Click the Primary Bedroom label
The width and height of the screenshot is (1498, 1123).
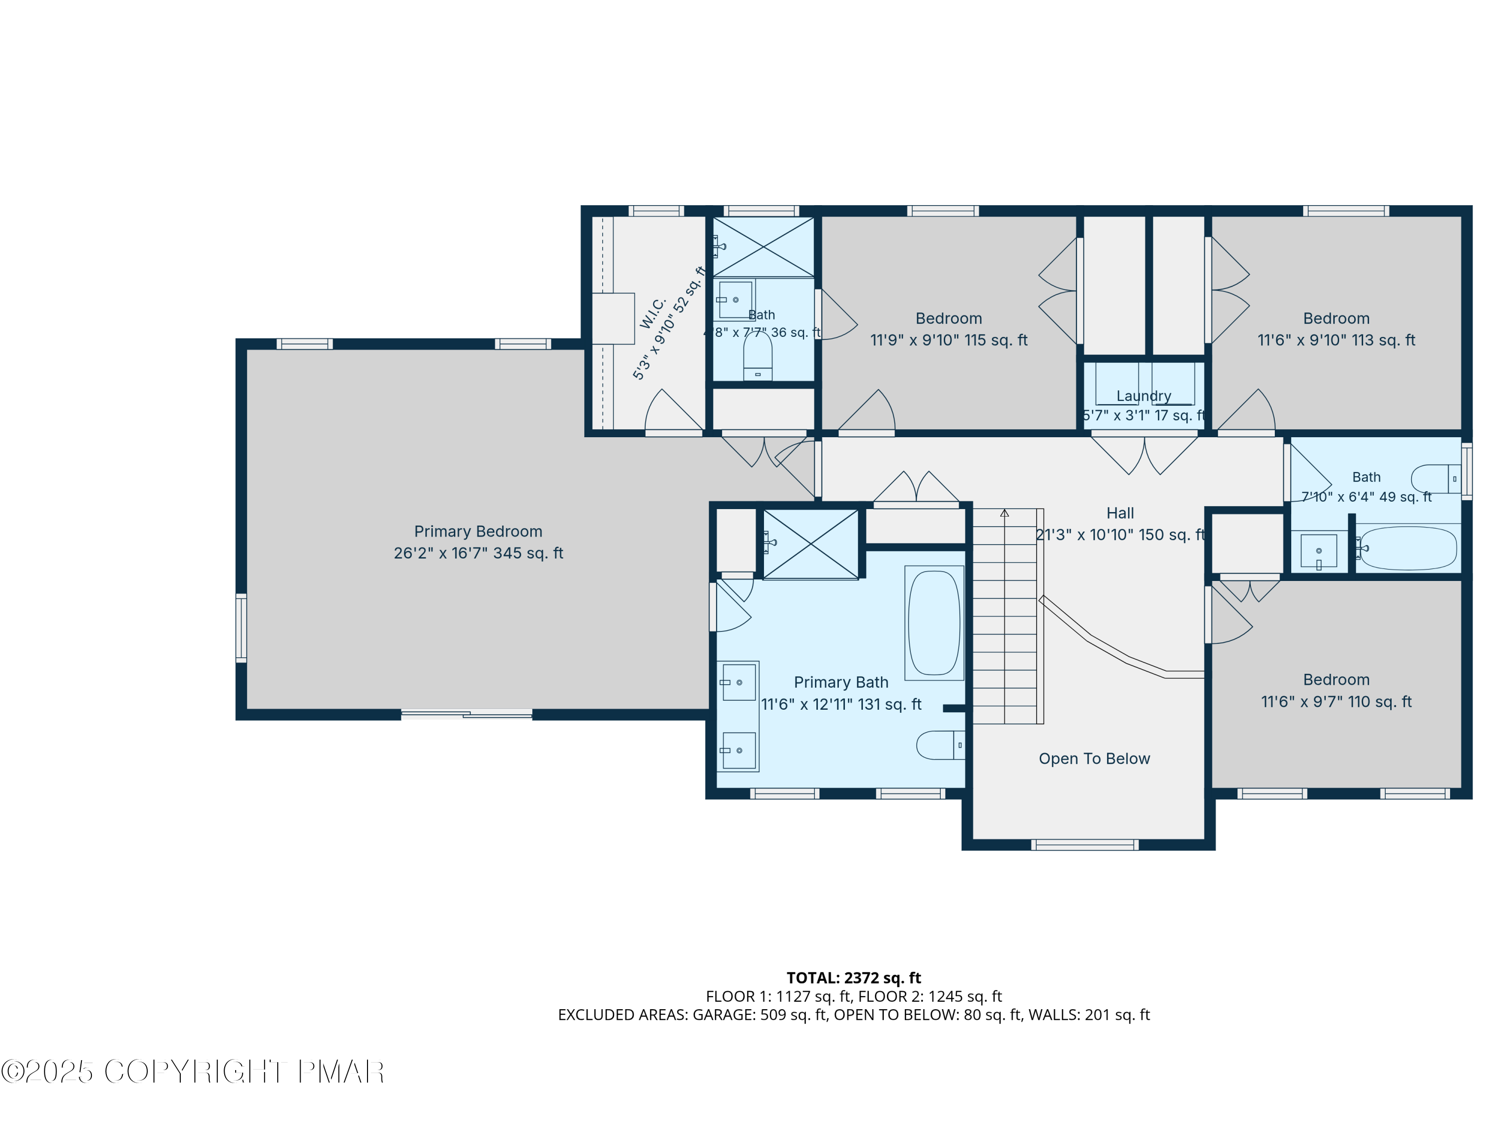(x=478, y=532)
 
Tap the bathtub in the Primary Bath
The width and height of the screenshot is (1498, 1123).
(x=934, y=623)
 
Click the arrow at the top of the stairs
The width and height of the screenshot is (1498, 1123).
(x=1004, y=513)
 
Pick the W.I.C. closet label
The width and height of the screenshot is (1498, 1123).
(x=654, y=313)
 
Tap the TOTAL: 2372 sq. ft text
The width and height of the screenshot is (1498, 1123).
(x=853, y=977)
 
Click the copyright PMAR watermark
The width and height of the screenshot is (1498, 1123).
(x=193, y=1072)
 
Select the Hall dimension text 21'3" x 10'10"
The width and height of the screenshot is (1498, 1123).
(x=1120, y=535)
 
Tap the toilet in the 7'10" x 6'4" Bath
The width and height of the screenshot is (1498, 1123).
(x=1435, y=479)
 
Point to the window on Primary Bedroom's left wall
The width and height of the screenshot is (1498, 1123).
(x=241, y=627)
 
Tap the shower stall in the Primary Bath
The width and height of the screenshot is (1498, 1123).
(x=810, y=544)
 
